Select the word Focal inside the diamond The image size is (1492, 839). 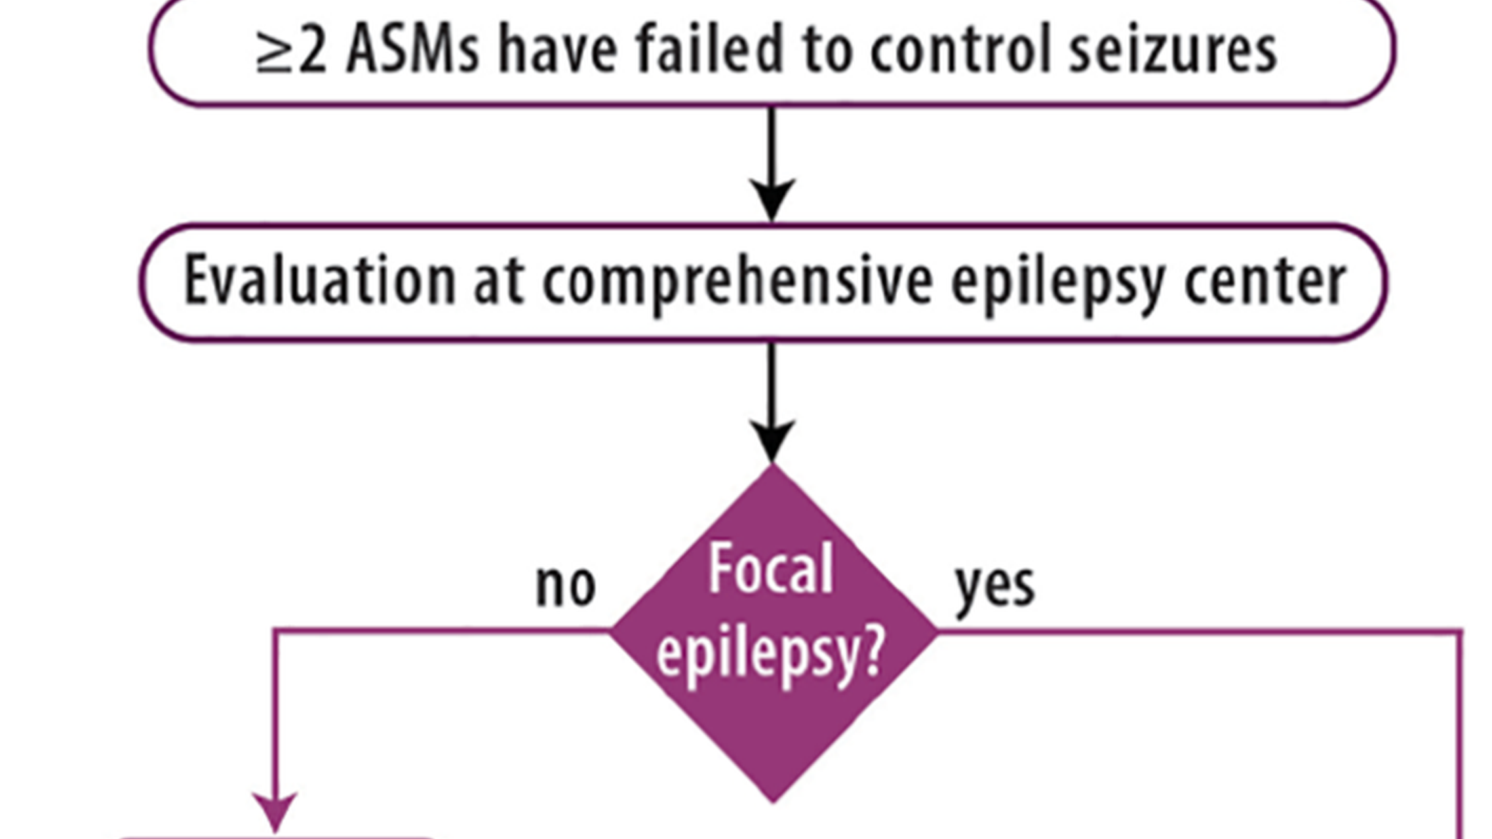pyautogui.click(x=771, y=568)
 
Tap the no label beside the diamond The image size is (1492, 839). pyautogui.click(x=565, y=585)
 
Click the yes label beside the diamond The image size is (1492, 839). pyautogui.click(x=995, y=585)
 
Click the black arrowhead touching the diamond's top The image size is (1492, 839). pyautogui.click(x=772, y=440)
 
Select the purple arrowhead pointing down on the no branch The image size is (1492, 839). pyautogui.click(x=275, y=811)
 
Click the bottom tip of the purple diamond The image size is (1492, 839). pyautogui.click(x=774, y=800)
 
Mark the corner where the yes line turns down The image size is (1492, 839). pyautogui.click(x=1461, y=632)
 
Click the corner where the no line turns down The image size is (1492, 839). pyautogui.click(x=275, y=632)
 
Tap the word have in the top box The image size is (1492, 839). pyautogui.click(x=557, y=50)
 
